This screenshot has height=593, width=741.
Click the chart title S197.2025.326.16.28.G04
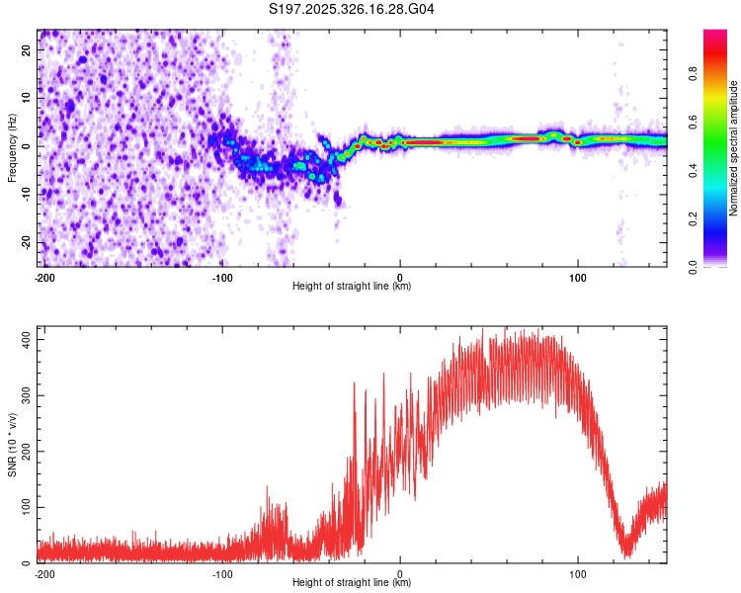coord(352,10)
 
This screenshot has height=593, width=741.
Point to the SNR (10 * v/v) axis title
coord(13,445)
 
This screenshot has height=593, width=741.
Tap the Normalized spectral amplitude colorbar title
coord(734,148)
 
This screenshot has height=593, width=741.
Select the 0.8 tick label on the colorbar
coord(694,73)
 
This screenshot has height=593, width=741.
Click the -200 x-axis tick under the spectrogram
coord(44,278)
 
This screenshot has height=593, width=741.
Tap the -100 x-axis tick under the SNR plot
coord(222,573)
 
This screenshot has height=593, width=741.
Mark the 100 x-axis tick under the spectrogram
coord(577,278)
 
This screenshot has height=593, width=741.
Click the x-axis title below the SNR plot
coord(352,583)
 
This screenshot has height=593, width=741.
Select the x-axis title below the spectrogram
coord(352,287)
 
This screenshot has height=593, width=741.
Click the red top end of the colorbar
coord(714,34)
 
